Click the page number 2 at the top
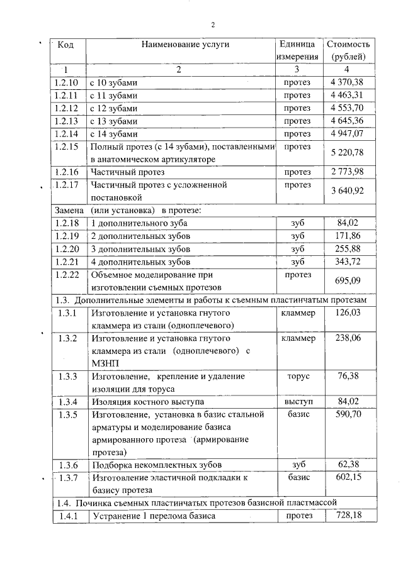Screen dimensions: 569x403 pos(213,25)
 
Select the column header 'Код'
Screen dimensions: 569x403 pos(65,45)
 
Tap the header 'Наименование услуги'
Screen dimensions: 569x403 pos(185,45)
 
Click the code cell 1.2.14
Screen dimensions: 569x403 pos(65,134)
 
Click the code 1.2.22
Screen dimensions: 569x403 pos(65,275)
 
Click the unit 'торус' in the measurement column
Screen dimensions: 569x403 pos(297,376)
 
